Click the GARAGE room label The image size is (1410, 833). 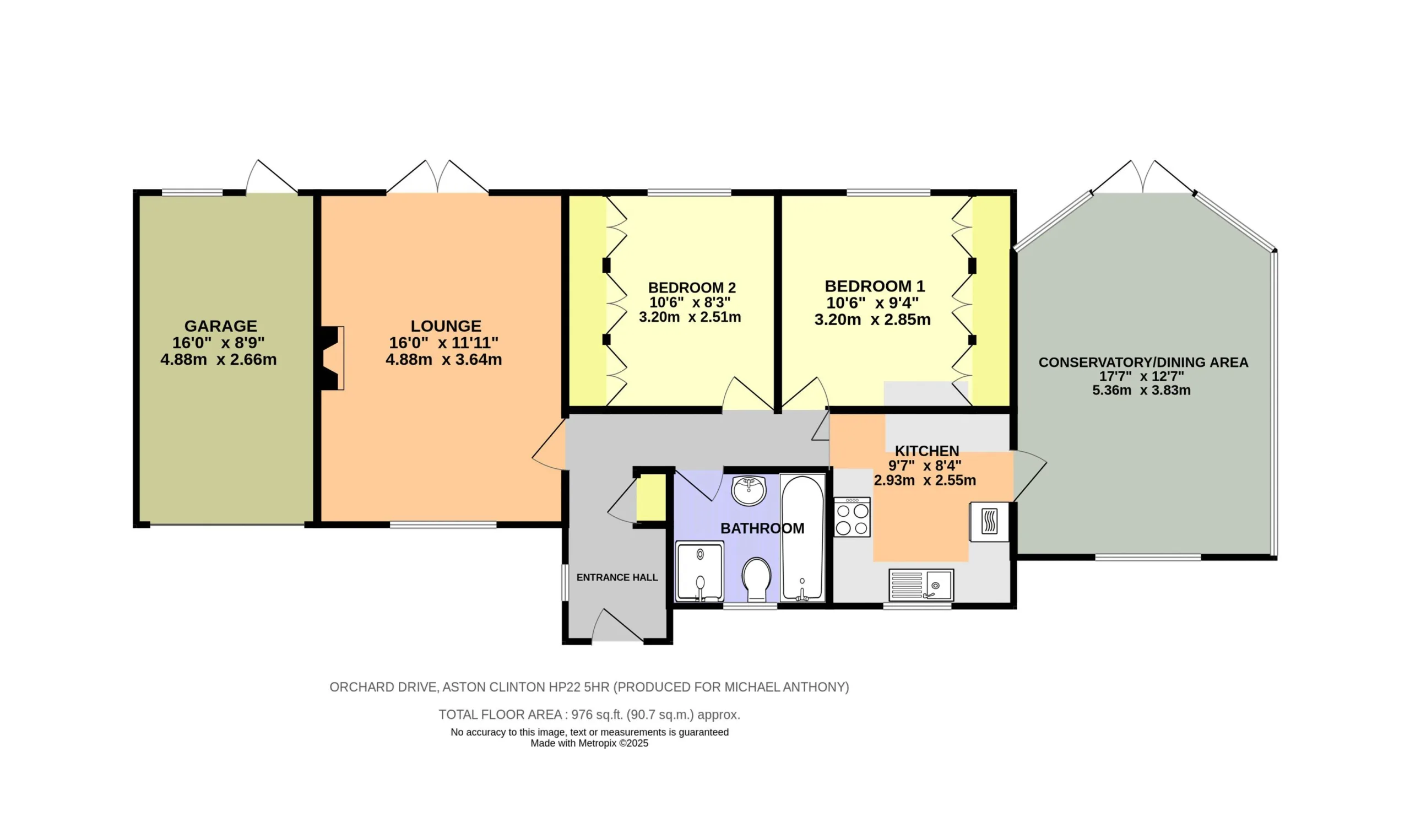[x=220, y=326]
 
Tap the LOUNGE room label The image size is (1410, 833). [x=446, y=326]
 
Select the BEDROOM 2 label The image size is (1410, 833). [x=692, y=288]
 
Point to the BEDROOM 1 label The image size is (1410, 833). [x=875, y=286]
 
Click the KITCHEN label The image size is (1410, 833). [x=927, y=451]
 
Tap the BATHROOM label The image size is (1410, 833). [x=762, y=528]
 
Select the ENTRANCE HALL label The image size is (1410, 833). [x=617, y=577]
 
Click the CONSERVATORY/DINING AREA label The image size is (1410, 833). [x=1143, y=363]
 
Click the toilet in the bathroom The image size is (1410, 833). [x=756, y=580]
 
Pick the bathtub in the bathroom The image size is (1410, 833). [x=802, y=538]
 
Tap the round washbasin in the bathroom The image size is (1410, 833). [x=749, y=490]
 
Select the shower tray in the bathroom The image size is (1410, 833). [x=699, y=571]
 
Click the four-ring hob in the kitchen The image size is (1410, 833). [x=852, y=517]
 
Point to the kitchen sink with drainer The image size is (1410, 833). [x=921, y=585]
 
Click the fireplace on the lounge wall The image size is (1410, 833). [x=332, y=358]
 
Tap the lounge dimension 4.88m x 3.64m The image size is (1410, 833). [x=444, y=360]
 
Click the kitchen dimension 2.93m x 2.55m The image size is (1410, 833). [x=925, y=480]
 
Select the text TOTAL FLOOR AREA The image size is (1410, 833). [x=501, y=715]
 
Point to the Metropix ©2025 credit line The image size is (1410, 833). [x=589, y=743]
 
